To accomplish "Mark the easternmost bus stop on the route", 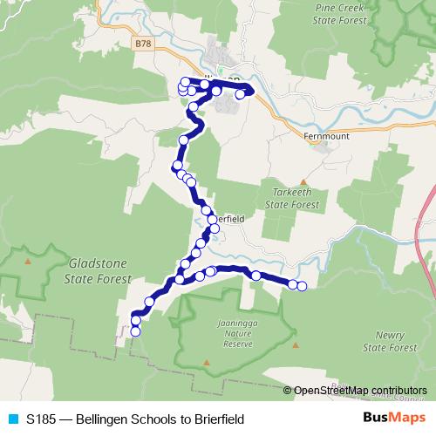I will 303,286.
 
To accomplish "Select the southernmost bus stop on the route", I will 135,331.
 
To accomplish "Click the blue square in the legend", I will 12,419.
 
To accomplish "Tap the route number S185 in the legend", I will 43,419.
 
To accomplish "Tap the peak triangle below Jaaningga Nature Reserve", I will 207,359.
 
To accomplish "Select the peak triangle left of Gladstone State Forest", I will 29,260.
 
